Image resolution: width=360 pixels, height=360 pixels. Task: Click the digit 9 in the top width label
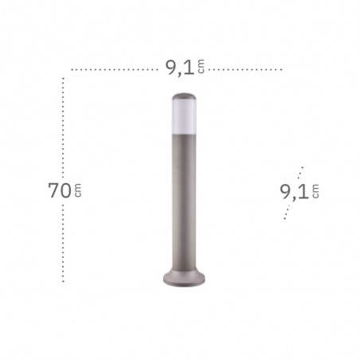click(x=171, y=68)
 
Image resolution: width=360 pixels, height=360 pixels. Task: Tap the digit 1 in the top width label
click(x=190, y=68)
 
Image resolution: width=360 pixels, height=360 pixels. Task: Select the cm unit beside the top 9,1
click(x=202, y=66)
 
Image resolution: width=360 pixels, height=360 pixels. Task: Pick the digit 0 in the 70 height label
click(x=65, y=190)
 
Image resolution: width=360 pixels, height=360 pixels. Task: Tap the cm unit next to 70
click(x=78, y=190)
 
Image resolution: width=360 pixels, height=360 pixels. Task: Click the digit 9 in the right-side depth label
click(x=286, y=192)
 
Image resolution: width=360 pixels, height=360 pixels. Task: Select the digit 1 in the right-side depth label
click(x=304, y=192)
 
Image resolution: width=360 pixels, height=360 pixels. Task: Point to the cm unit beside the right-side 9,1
click(x=315, y=191)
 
